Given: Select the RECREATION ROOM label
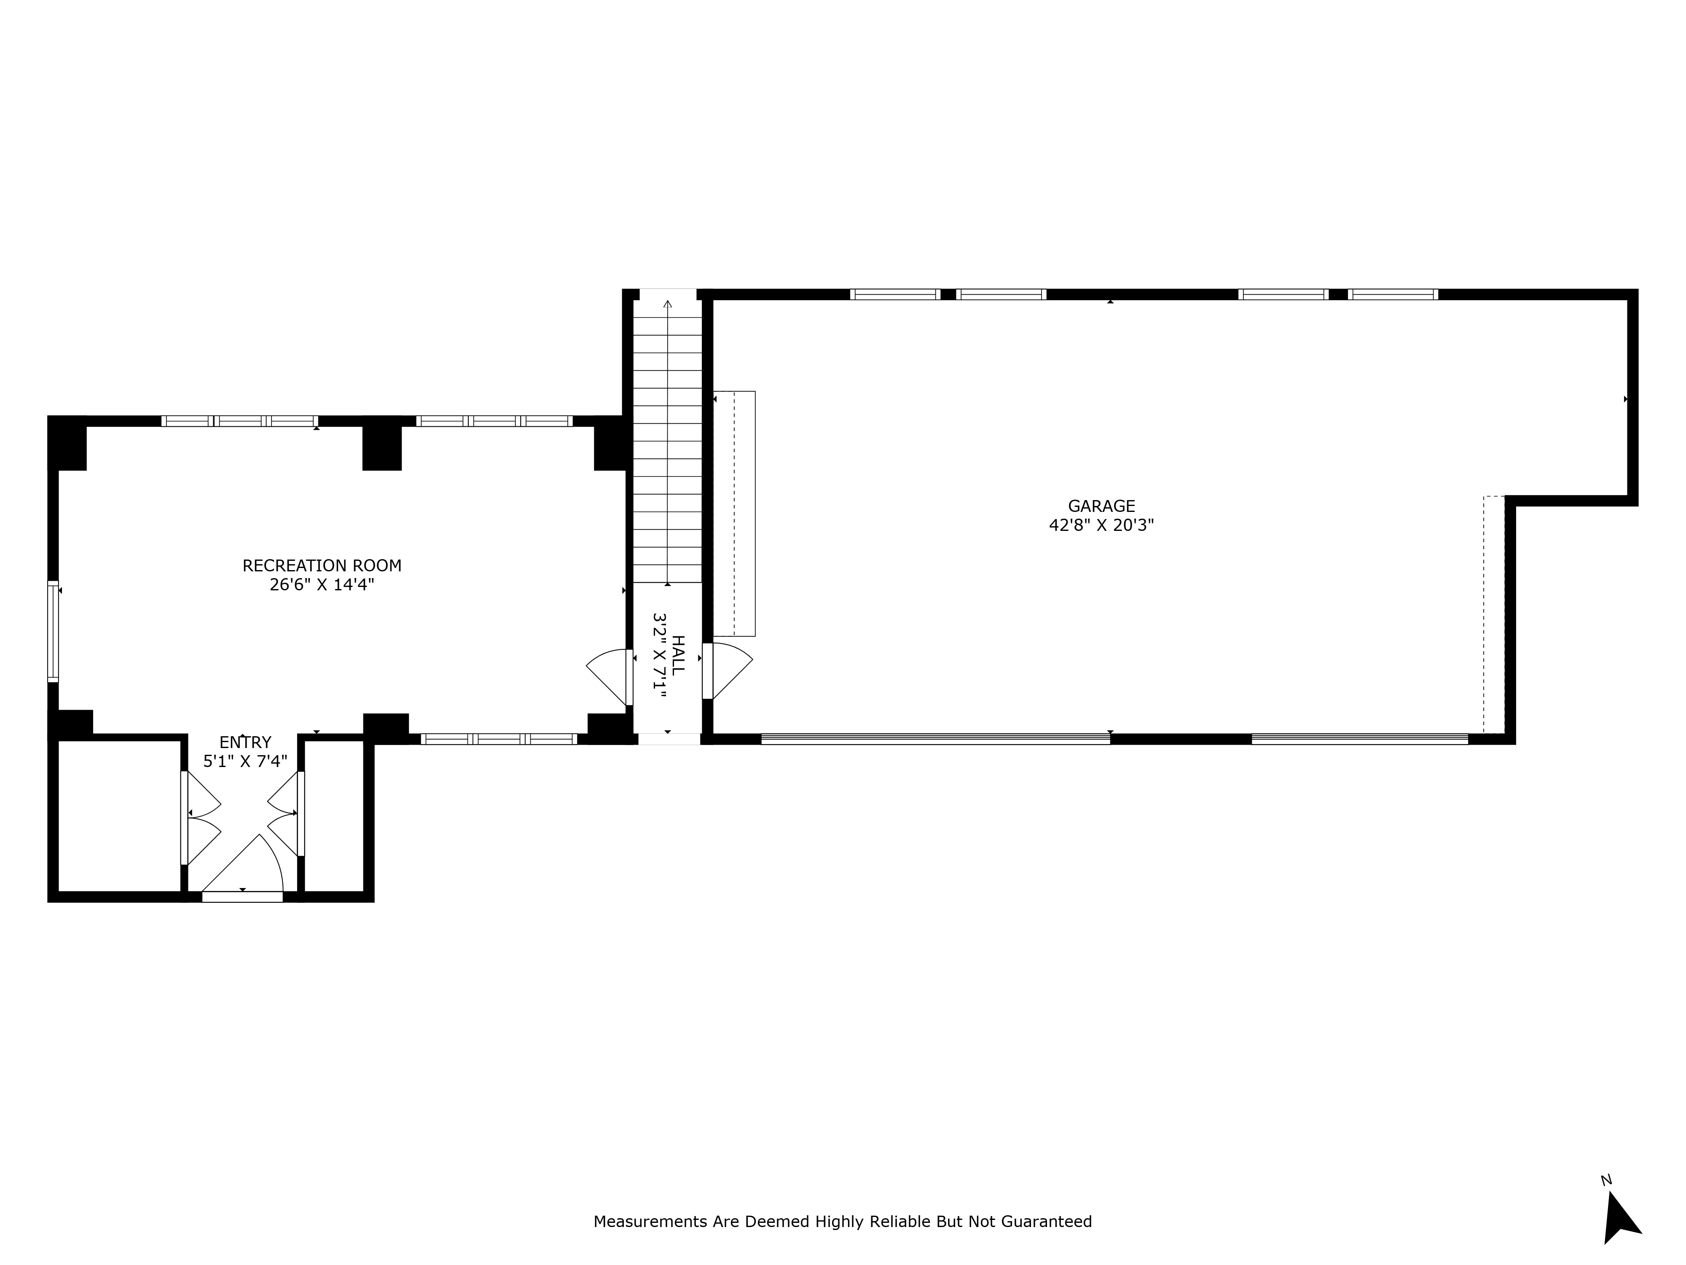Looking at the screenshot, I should pos(322,566).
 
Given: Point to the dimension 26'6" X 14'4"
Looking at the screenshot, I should pos(322,585).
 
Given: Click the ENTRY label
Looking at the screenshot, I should pos(244,743).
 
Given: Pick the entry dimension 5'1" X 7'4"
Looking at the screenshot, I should pos(244,761).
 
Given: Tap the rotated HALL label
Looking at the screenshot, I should pos(678,654).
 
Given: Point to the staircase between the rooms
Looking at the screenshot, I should pos(668,442).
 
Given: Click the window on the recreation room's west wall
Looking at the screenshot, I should pos(53,631).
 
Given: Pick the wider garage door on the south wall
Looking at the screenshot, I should pos(935,738).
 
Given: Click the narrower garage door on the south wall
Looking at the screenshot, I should pos(1359,738).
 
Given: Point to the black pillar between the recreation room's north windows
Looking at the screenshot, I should pos(382,447).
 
